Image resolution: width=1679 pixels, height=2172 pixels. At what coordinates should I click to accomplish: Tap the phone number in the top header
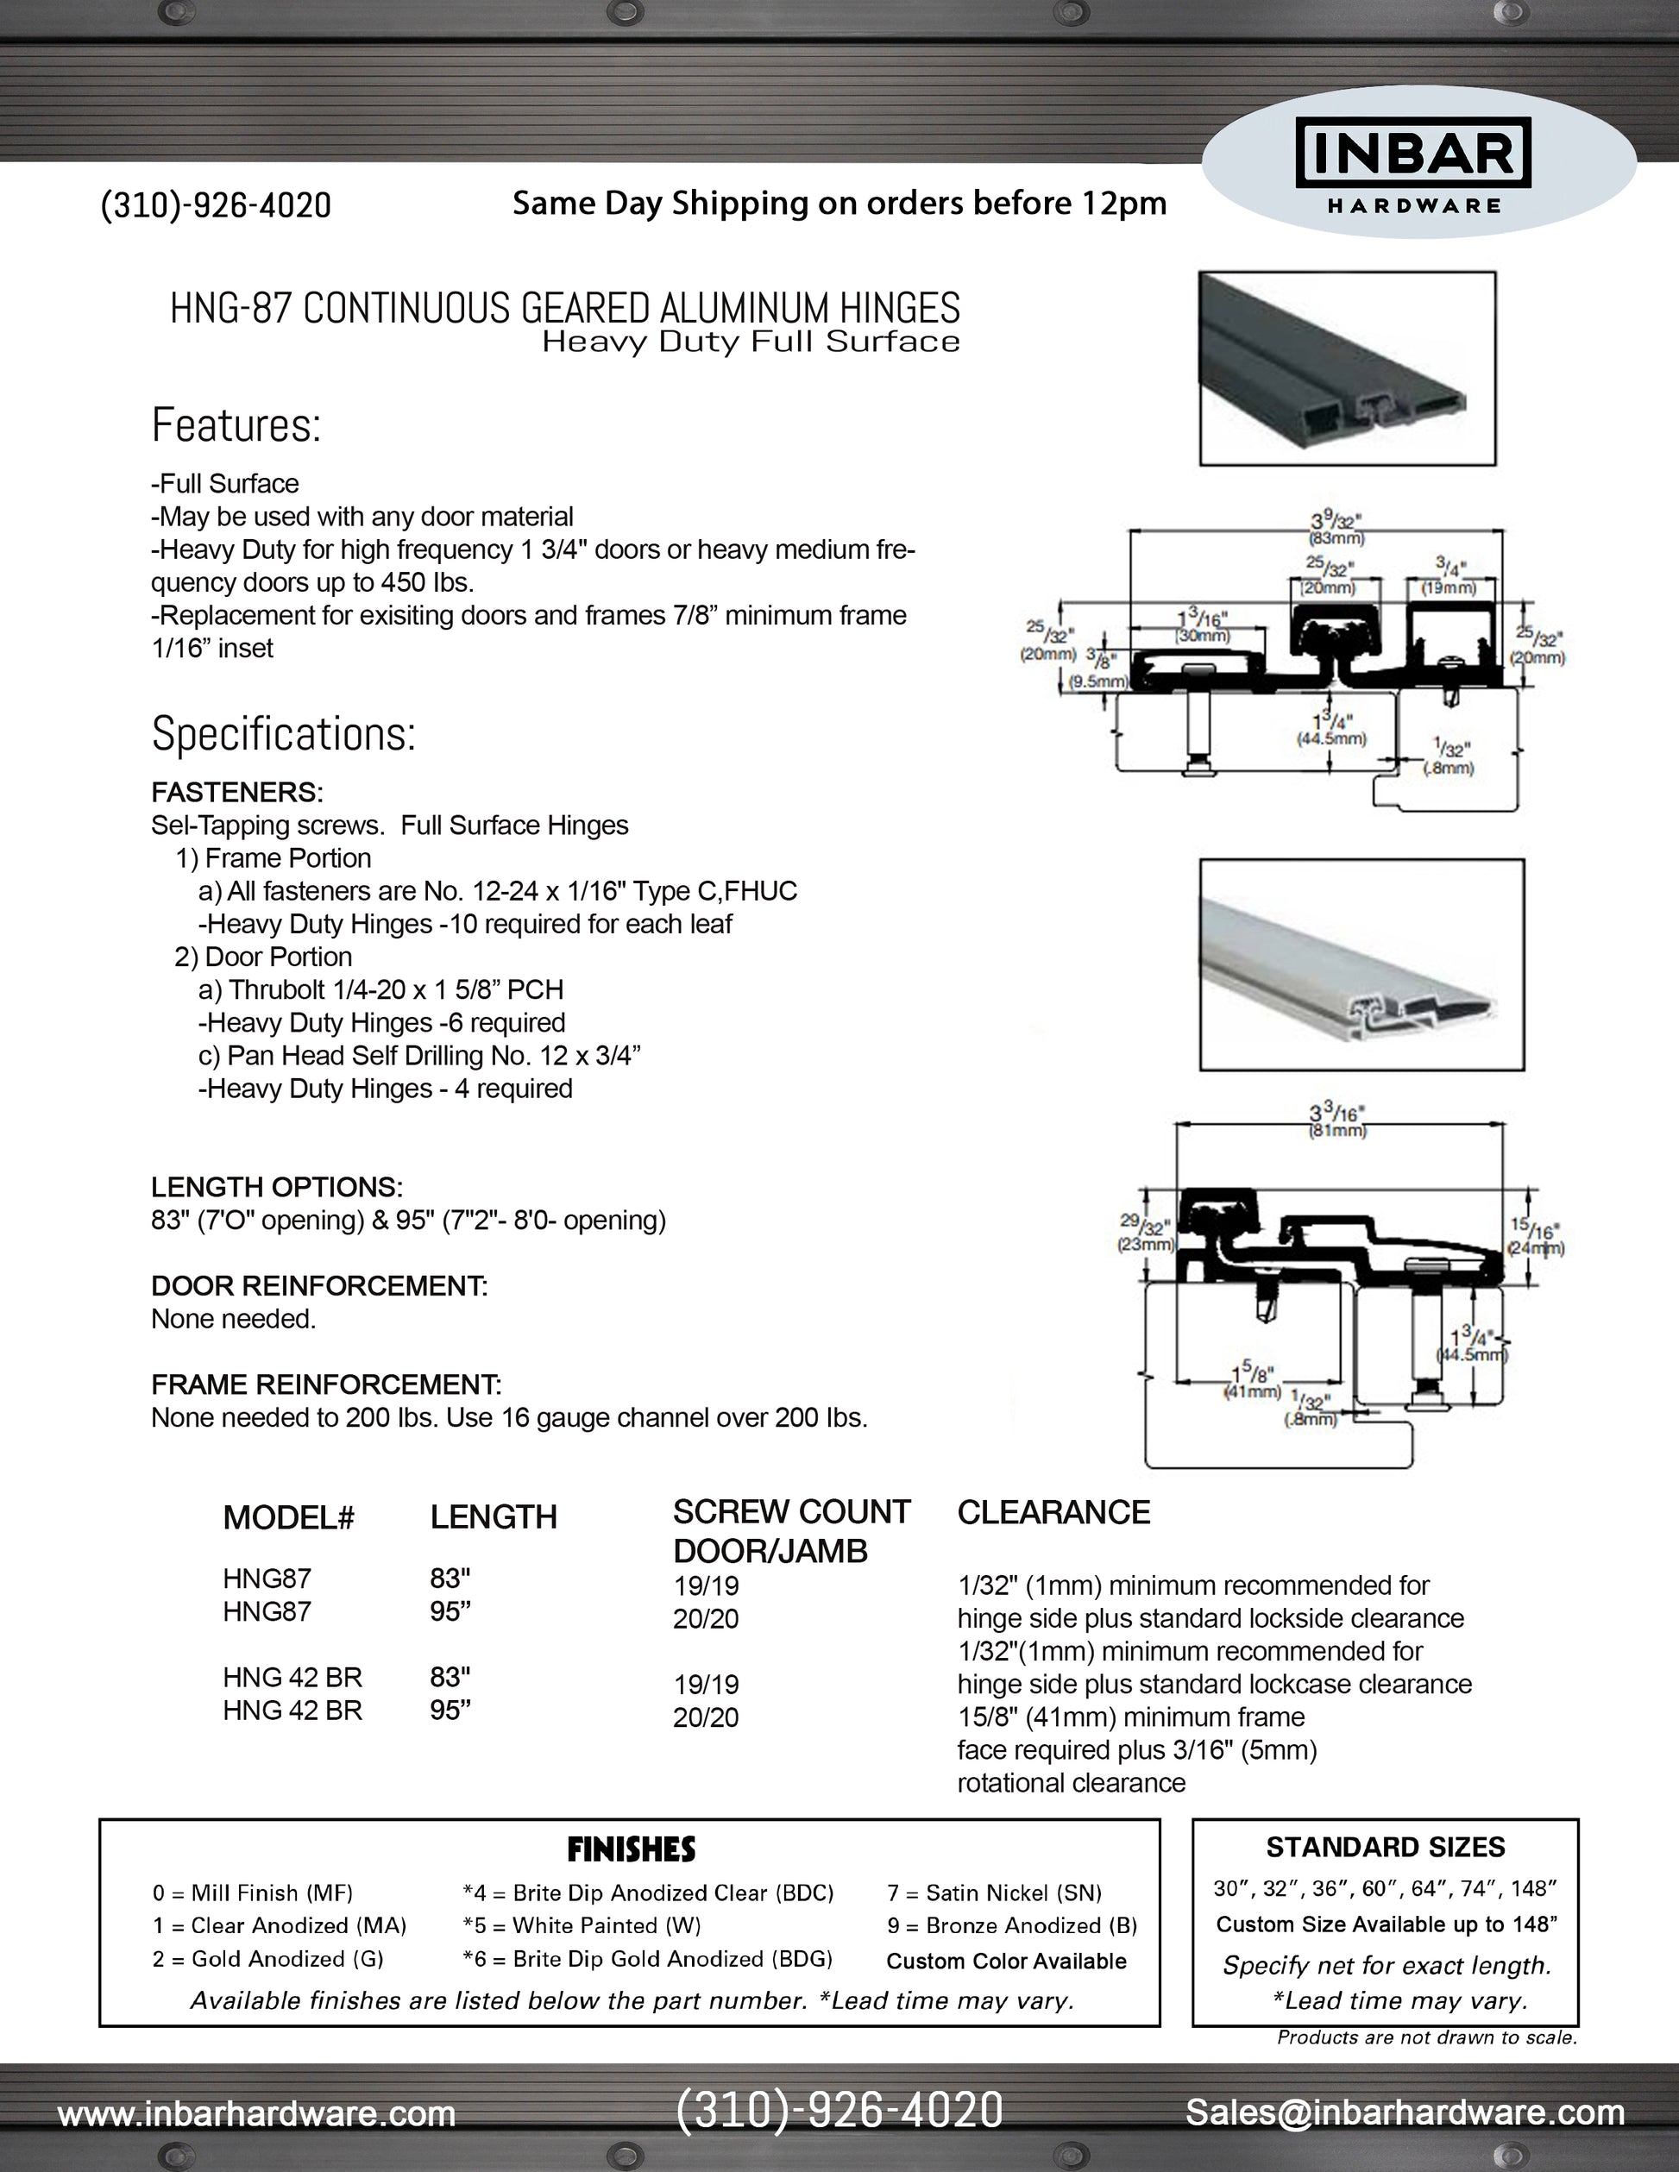pyautogui.click(x=216, y=205)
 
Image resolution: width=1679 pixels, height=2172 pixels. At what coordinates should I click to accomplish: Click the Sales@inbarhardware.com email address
pyautogui.click(x=1405, y=2112)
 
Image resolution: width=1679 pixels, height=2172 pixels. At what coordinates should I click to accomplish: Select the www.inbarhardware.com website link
pyautogui.click(x=256, y=2113)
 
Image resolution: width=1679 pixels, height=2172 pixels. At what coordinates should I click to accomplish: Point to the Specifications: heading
pyautogui.click(x=284, y=734)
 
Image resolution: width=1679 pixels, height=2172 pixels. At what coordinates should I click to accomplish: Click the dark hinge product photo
pyautogui.click(x=1347, y=369)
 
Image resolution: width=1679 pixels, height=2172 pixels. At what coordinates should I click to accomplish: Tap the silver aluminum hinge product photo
pyautogui.click(x=1361, y=964)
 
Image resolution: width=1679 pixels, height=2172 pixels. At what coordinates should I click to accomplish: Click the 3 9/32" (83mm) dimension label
pyautogui.click(x=1335, y=527)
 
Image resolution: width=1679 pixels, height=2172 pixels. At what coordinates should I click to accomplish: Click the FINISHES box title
pyautogui.click(x=631, y=1849)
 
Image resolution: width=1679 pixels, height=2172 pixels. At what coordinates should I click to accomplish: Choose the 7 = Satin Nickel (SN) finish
pyautogui.click(x=994, y=1893)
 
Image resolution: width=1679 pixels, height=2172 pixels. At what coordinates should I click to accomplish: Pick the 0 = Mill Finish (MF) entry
pyautogui.click(x=253, y=1893)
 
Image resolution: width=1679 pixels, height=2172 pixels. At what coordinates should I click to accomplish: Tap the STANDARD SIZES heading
pyautogui.click(x=1385, y=1848)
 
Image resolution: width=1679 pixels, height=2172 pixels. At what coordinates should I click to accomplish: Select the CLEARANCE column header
pyautogui.click(x=1053, y=1513)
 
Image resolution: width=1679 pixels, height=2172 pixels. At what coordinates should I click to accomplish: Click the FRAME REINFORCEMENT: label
pyautogui.click(x=326, y=1384)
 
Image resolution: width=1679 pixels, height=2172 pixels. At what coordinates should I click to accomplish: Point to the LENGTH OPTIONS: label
pyautogui.click(x=276, y=1188)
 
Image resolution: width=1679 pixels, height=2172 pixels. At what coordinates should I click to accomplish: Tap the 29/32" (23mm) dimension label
pyautogui.click(x=1146, y=1235)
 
